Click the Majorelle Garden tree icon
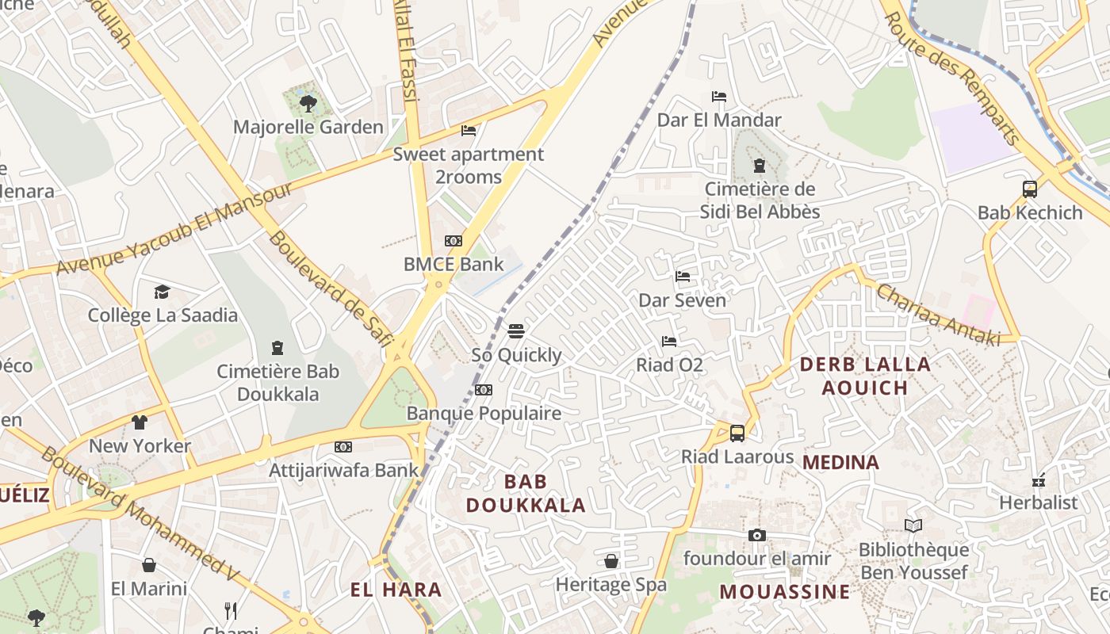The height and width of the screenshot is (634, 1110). [x=308, y=102]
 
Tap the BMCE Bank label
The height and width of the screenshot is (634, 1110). [x=454, y=265]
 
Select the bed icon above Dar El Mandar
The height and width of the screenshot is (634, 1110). [x=719, y=97]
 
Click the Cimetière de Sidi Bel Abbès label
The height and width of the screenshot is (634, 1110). [x=760, y=201]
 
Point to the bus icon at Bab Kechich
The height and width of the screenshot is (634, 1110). [x=1030, y=189]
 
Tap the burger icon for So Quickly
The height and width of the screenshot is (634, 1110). [x=516, y=330]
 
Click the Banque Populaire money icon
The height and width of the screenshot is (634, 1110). [x=484, y=390]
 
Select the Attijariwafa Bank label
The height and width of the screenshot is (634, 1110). [x=343, y=470]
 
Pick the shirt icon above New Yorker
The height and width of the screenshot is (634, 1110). [x=140, y=422]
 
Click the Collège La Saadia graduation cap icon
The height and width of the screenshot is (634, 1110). [x=163, y=292]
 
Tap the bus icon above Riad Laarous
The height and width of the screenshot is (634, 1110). [x=737, y=433]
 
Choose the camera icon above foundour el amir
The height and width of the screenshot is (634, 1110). [x=757, y=535]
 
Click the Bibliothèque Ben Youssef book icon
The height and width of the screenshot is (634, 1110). [x=913, y=525]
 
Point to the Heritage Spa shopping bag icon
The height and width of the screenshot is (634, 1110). [x=611, y=561]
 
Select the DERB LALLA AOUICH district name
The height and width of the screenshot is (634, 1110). [x=864, y=376]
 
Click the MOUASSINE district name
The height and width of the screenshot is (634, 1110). [x=785, y=592]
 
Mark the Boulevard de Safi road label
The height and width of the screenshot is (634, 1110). [x=331, y=289]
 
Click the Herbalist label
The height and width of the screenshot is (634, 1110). [x=1038, y=502]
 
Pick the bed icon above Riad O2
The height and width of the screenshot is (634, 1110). [x=669, y=342]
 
